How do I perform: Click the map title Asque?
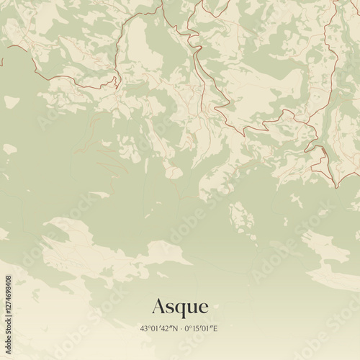point(180,307)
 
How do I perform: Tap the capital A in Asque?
point(159,307)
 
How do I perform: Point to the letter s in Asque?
point(171,308)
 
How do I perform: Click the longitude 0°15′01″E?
point(202,329)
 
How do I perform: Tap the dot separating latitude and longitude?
point(181,329)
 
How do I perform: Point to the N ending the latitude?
point(175,329)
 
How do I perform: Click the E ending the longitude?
point(215,329)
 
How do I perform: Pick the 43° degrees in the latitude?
point(146,329)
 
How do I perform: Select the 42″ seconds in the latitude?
point(168,329)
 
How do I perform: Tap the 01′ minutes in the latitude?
point(156,329)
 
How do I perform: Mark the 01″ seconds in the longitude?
point(209,329)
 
